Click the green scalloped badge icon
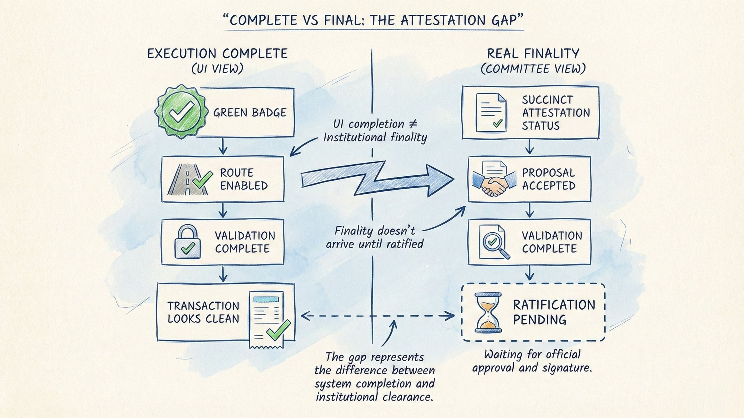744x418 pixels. click(181, 112)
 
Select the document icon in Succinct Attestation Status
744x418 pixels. click(491, 113)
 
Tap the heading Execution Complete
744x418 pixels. click(217, 54)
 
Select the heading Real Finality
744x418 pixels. click(533, 54)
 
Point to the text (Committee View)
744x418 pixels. click(533, 69)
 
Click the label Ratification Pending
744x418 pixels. click(554, 312)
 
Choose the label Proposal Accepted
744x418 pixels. click(548, 179)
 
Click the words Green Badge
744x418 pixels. click(250, 112)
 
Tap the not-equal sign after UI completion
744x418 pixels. click(413, 124)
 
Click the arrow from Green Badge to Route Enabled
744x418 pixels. click(223, 146)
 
